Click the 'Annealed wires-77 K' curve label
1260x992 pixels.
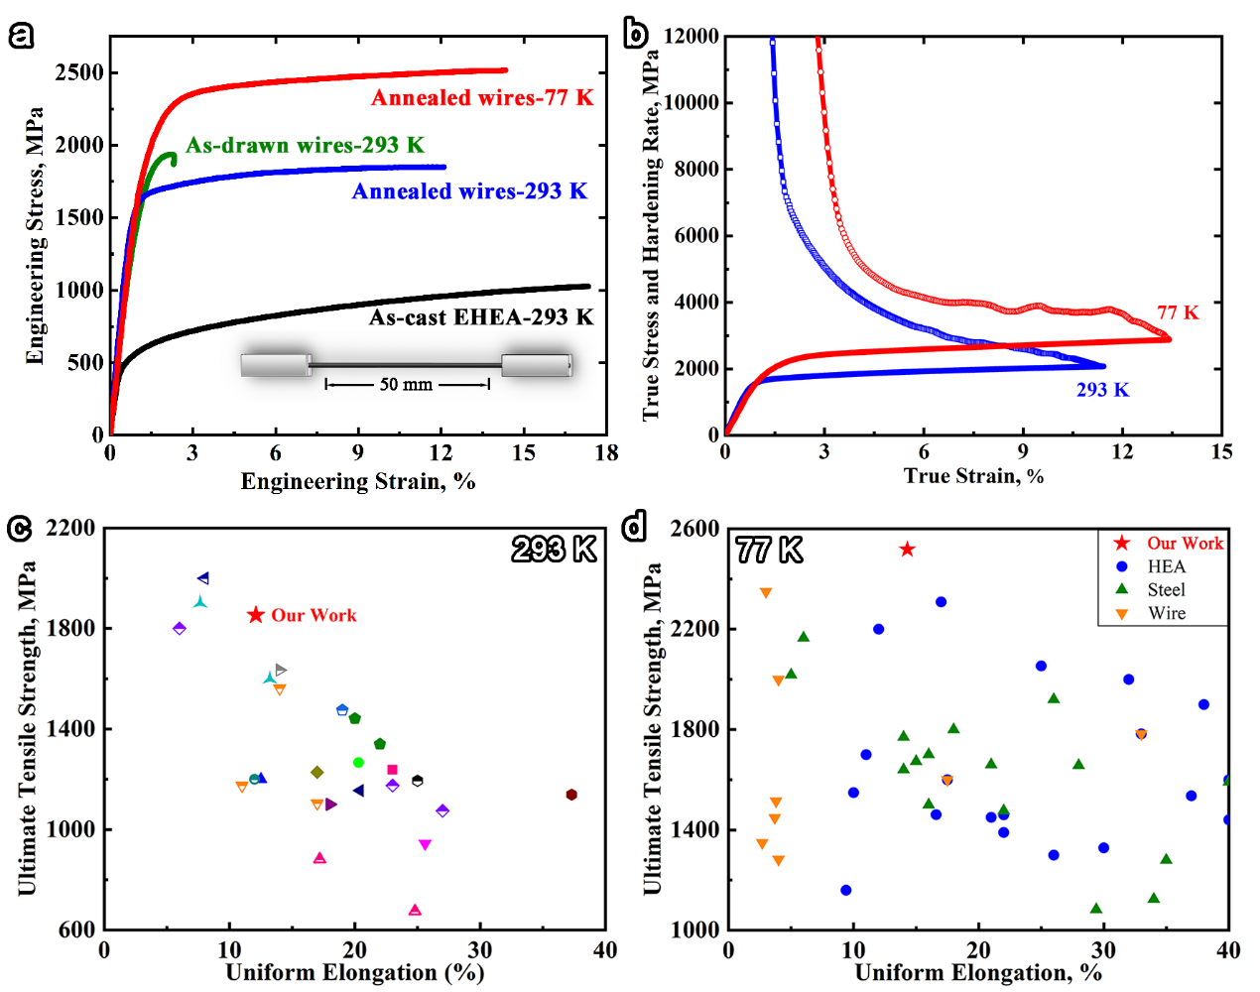[482, 97]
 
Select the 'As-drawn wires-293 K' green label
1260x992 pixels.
[305, 145]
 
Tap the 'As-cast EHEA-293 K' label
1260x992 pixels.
[481, 317]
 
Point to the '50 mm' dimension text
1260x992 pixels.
[406, 384]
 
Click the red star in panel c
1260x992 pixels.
[256, 615]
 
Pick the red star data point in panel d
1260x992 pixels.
[907, 550]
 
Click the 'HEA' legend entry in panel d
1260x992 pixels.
[1166, 566]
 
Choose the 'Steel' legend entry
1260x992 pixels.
[1166, 589]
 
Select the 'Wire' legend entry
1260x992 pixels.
[1167, 613]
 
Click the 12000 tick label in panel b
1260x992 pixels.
[691, 37]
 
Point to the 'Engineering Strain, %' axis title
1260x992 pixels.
[358, 482]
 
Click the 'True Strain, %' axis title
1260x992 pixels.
[973, 476]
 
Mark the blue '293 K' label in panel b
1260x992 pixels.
[1102, 390]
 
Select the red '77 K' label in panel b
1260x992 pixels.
[1178, 312]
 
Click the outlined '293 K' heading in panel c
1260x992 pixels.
[554, 549]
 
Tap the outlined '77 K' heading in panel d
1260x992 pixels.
[769, 550]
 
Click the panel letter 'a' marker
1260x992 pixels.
[21, 36]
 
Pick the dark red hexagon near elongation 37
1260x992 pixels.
[571, 795]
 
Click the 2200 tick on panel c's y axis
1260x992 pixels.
[70, 528]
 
